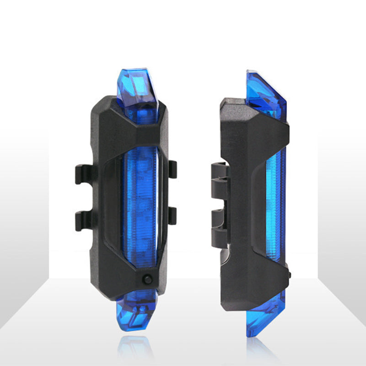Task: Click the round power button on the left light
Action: pos(146,279)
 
